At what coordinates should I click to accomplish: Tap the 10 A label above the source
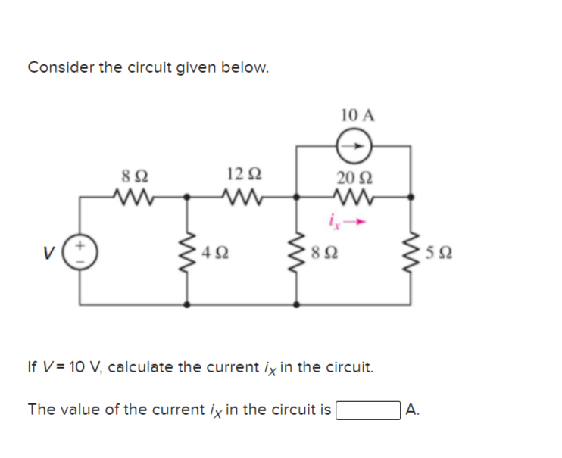pyautogui.click(x=357, y=116)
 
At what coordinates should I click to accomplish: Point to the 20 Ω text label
pyautogui.click(x=354, y=177)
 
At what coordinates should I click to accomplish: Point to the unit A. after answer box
pyautogui.click(x=413, y=410)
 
